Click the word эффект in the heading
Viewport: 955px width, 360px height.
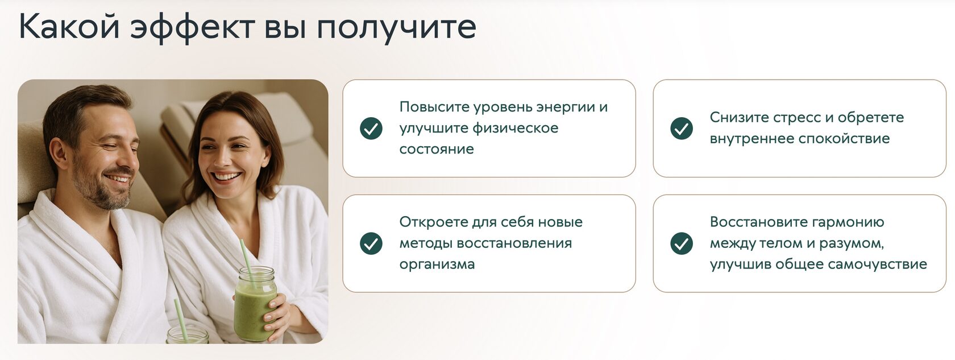click(x=192, y=27)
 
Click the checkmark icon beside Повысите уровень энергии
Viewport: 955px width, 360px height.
click(x=371, y=129)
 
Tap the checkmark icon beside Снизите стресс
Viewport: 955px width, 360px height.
click(x=681, y=129)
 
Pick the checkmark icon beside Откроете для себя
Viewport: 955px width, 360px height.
click(x=371, y=243)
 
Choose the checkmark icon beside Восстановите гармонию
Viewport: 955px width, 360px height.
click(x=681, y=243)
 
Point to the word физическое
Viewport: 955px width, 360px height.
click(x=515, y=129)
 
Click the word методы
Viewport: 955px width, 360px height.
click(x=426, y=243)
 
